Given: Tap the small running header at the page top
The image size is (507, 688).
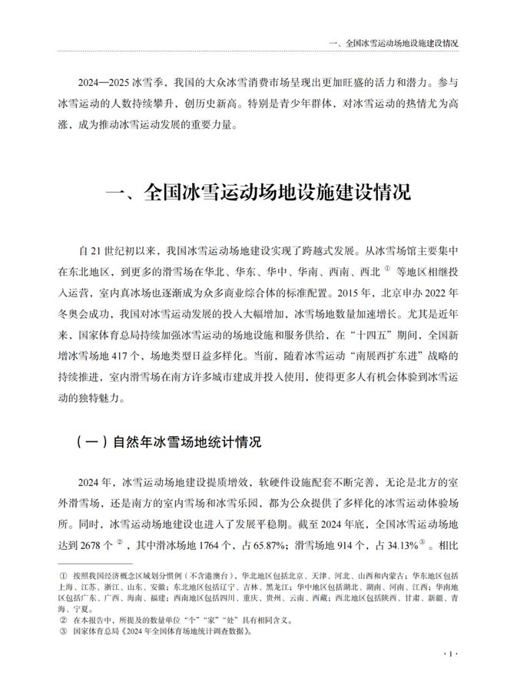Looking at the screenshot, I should (393, 42).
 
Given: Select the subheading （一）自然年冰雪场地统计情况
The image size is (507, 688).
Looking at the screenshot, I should (169, 443).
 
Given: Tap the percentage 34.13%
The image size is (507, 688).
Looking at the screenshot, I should (413, 544).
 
